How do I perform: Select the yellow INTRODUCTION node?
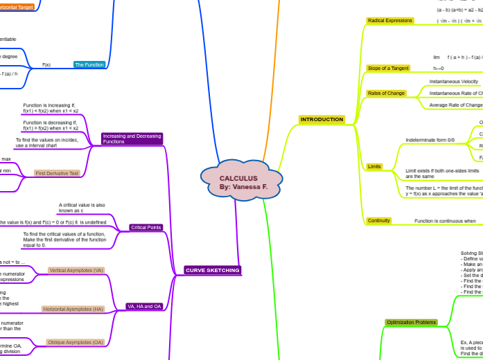click(322, 119)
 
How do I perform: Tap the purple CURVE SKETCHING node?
click(213, 270)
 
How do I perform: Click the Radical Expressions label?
click(389, 21)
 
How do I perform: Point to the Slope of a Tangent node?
click(388, 68)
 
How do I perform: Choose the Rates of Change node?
click(385, 93)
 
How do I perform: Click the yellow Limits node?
click(374, 167)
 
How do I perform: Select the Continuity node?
click(379, 221)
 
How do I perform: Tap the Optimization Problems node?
click(411, 323)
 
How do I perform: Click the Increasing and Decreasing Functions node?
click(132, 138)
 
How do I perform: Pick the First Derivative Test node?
click(58, 173)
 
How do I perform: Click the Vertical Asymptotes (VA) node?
click(76, 270)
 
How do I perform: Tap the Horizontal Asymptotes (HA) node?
click(73, 309)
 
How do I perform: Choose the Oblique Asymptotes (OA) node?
click(76, 342)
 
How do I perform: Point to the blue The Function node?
click(90, 64)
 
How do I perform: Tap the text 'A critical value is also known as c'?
click(82, 208)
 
